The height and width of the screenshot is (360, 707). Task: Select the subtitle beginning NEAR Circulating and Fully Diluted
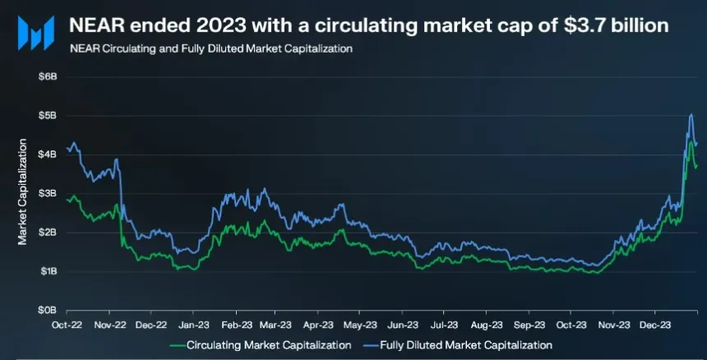coord(211,48)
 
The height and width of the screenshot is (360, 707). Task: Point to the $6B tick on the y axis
coord(48,76)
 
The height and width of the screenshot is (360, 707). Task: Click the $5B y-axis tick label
coord(48,115)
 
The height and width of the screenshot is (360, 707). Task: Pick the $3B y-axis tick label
coord(48,193)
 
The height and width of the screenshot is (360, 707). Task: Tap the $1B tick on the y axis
coord(48,271)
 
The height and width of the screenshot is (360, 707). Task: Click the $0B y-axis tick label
coord(48,311)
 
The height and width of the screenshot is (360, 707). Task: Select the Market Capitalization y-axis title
coord(22,193)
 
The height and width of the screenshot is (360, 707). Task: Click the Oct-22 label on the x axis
coord(67,325)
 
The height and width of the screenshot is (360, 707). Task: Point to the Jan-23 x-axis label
coord(193,325)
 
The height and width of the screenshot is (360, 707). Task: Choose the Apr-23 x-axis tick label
coord(321,325)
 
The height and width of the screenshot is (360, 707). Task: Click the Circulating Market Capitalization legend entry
coord(260,344)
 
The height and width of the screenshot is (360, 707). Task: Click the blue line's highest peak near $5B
coord(691,115)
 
